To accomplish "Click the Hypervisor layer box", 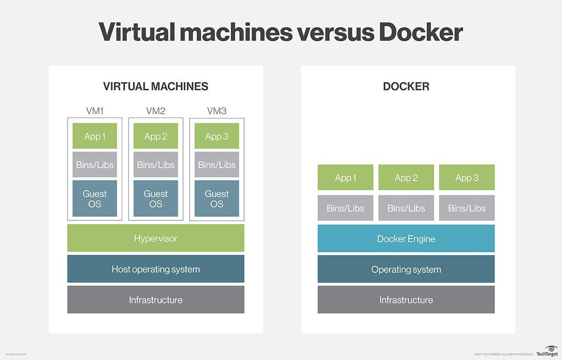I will pyautogui.click(x=155, y=238).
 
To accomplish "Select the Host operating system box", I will pyautogui.click(x=155, y=269).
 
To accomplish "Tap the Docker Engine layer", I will pyautogui.click(x=406, y=239).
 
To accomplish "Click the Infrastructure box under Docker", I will pyautogui.click(x=406, y=300).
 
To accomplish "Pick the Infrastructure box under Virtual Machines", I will pyautogui.click(x=155, y=300).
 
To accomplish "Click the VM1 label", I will pyautogui.click(x=95, y=111).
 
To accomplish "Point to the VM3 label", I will pyautogui.click(x=216, y=111).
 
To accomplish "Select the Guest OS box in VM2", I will pyautogui.click(x=155, y=198).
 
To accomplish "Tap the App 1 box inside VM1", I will pyautogui.click(x=95, y=136).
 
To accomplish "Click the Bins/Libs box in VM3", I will pyautogui.click(x=216, y=165).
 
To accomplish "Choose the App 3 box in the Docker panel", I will pyautogui.click(x=466, y=177).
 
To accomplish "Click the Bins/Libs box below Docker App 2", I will pyautogui.click(x=406, y=208).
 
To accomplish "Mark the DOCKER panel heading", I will pyautogui.click(x=406, y=86).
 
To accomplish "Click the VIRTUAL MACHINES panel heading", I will pyautogui.click(x=155, y=86).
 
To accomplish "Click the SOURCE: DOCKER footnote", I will pyautogui.click(x=16, y=354).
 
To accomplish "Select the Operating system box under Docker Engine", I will pyautogui.click(x=406, y=269).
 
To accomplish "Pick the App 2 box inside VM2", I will pyautogui.click(x=155, y=136).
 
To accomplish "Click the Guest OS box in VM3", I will pyautogui.click(x=216, y=198).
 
